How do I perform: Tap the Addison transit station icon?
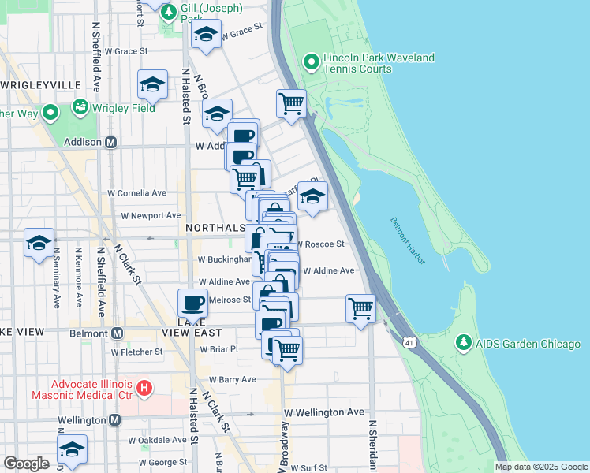tap(111, 143)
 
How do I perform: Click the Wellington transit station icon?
tap(114, 420)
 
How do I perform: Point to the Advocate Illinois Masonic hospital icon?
tap(144, 388)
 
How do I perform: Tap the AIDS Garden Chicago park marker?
tap(464, 344)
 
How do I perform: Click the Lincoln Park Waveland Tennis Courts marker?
tap(312, 61)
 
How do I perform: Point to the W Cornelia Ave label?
tap(137, 192)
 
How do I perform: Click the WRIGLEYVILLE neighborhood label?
tap(41, 84)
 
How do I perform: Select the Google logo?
tap(26, 464)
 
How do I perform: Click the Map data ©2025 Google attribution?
tap(540, 467)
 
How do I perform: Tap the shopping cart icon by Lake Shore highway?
tap(291, 103)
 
